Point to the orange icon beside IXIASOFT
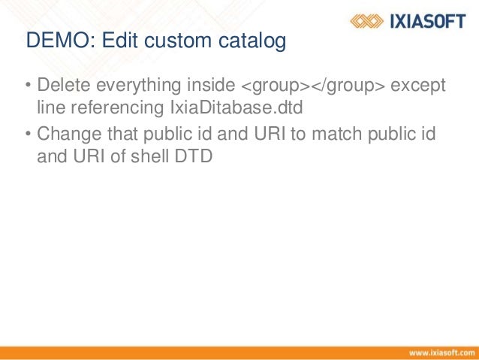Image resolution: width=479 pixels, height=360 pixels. pos(369,21)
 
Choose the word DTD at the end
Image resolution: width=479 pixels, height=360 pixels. pos(194,157)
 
